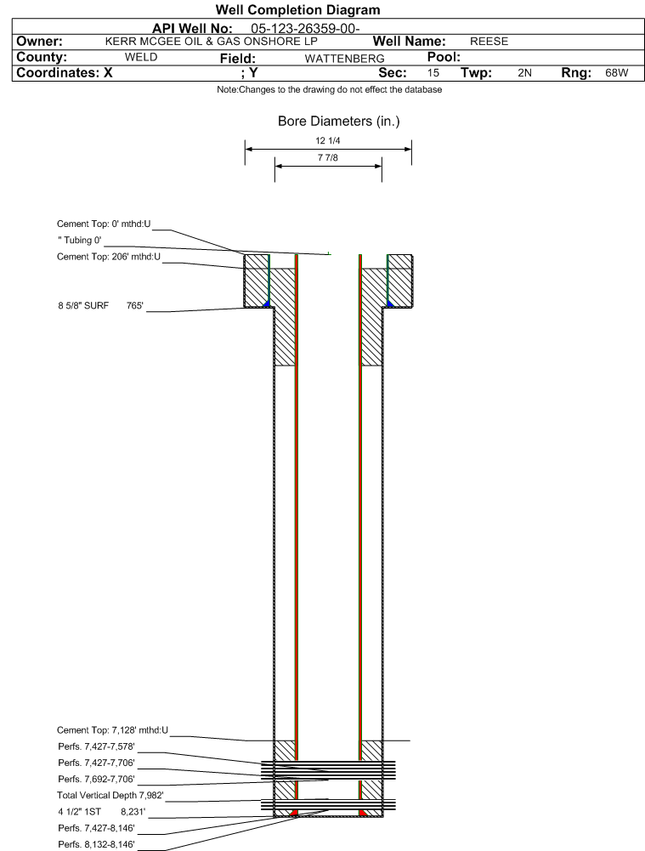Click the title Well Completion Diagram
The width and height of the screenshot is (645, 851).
coord(297,9)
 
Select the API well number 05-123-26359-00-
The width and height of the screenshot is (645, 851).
coord(305,29)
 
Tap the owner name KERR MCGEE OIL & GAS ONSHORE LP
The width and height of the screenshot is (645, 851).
coord(211,42)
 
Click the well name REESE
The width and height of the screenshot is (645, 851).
coord(489,42)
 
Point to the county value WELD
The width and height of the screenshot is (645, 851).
coord(141,58)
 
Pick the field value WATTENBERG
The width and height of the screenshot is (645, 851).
coord(344,59)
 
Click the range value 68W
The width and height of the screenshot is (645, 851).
coord(617,73)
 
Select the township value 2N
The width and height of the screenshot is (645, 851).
coord(524,73)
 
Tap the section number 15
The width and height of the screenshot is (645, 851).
coord(433,73)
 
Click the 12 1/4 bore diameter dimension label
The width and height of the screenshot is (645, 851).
coord(328,141)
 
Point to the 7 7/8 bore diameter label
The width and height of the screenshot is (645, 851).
coord(328,158)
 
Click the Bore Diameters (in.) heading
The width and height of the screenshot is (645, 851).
coord(338,121)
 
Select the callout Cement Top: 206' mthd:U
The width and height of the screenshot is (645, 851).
coord(109,257)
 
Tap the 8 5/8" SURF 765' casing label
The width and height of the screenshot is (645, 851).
coord(101,305)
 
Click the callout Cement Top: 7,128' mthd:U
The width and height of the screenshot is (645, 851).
coord(113,730)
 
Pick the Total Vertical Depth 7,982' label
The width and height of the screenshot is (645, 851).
coord(110,796)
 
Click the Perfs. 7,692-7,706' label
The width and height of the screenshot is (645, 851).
coord(97,780)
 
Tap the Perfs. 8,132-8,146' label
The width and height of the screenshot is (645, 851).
coord(97,845)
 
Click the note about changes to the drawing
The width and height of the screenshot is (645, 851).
coord(329,89)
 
